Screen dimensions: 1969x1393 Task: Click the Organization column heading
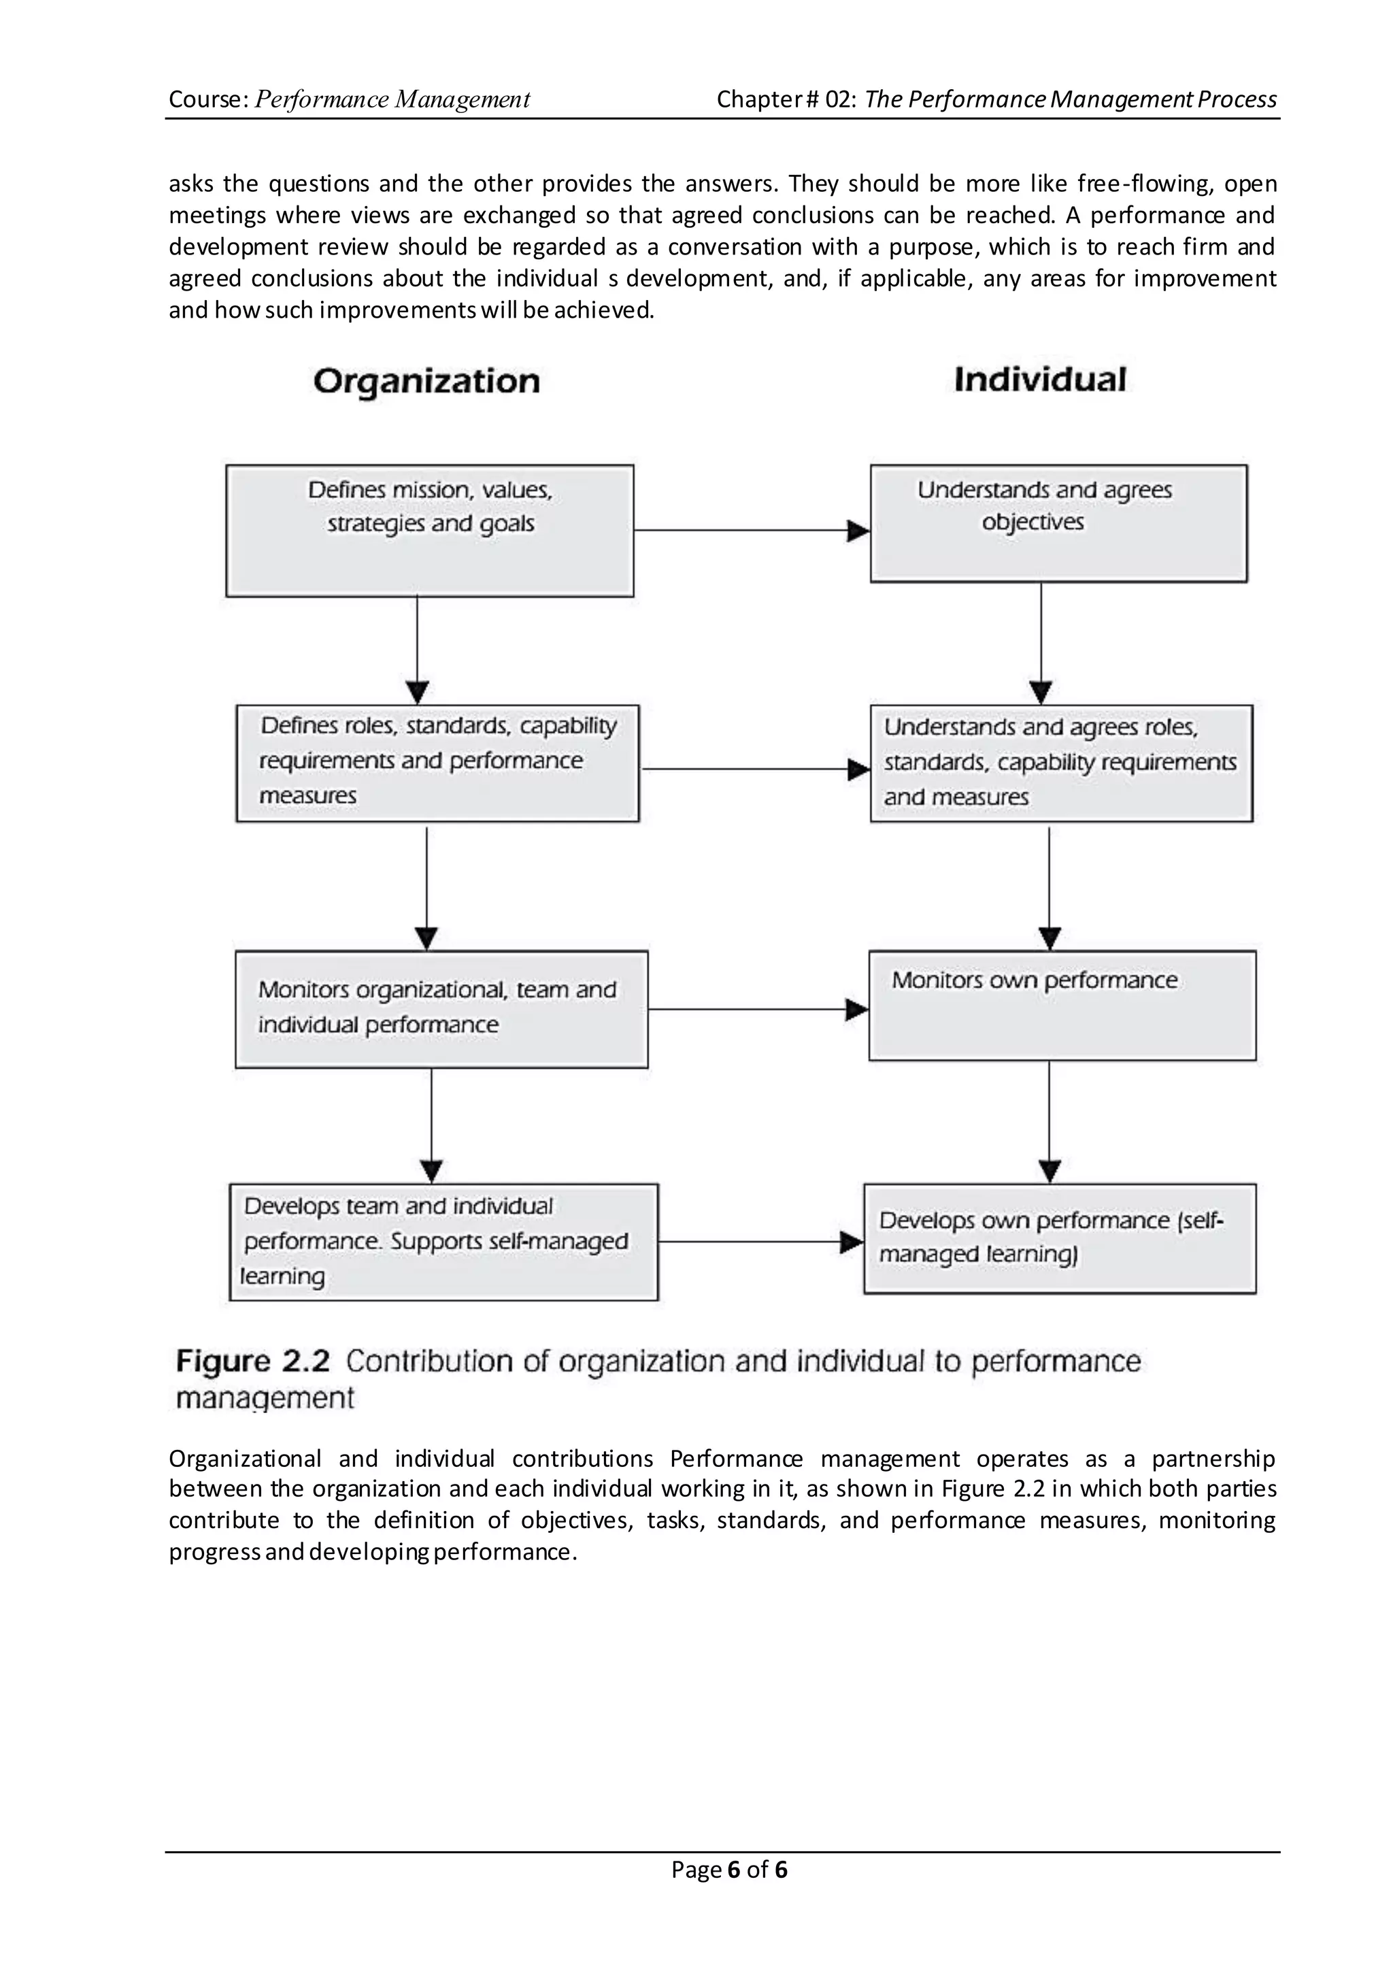click(426, 381)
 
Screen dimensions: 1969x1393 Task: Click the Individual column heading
click(1039, 379)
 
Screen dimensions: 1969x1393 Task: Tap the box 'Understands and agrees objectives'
click(1058, 523)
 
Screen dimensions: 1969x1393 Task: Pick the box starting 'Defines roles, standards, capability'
click(437, 763)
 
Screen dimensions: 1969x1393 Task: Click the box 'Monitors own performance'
click(1062, 1005)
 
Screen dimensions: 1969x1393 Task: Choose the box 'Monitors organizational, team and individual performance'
click(441, 1009)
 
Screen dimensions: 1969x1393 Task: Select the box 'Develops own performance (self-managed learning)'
click(1059, 1238)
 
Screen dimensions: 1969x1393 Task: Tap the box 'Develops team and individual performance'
click(443, 1242)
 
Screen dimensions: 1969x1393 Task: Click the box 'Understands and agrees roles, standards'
click(1061, 763)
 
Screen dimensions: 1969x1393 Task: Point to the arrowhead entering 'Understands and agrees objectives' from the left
click(858, 531)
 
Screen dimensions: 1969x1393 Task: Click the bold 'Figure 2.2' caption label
click(252, 1361)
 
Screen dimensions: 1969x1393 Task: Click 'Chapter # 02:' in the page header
click(786, 99)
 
